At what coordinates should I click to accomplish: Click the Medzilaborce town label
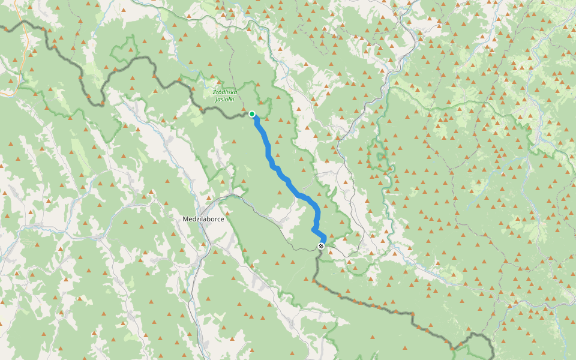203,219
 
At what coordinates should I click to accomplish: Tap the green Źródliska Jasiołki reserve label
225,95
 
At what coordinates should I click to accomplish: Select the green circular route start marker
252,114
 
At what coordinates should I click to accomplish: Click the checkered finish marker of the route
322,246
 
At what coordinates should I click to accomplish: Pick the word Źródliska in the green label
225,92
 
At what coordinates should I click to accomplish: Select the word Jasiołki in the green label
225,99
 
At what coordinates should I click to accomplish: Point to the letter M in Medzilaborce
185,219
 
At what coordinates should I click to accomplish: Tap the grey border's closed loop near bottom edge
480,343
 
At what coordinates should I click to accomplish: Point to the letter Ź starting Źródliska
214,92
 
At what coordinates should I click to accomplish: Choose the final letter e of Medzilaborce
222,219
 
